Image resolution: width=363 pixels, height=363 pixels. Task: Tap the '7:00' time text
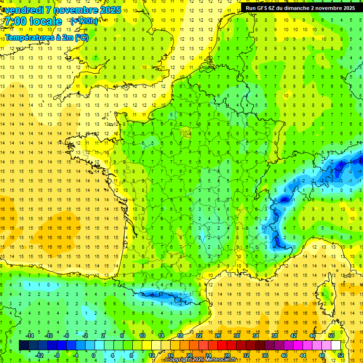[15, 22]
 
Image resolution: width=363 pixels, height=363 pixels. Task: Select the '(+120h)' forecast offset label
[84, 21]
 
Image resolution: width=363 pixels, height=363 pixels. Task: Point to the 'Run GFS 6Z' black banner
[301, 8]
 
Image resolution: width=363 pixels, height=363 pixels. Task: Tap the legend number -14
[29, 335]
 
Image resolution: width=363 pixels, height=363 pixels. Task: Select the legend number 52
[341, 355]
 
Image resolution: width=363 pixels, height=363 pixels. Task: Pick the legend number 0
[94, 355]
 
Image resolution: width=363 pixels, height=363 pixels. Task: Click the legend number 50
[331, 335]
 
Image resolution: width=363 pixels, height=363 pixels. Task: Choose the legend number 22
[199, 335]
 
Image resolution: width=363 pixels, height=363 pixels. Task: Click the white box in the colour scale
[336, 345]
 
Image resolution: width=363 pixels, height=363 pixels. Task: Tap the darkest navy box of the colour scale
[24, 345]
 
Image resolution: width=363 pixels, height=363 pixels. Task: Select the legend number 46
[312, 335]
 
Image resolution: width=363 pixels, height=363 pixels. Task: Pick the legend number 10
[142, 335]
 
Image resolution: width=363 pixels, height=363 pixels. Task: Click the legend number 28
[227, 355]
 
